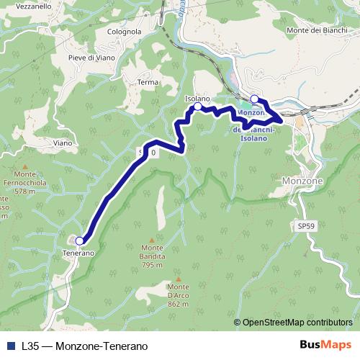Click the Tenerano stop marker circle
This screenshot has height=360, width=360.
(x=80, y=241)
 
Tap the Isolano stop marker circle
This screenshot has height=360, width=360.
(x=198, y=107)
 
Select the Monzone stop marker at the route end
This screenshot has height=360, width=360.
(x=255, y=99)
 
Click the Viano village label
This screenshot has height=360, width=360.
(x=62, y=143)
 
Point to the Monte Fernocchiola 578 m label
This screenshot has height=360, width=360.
(x=24, y=184)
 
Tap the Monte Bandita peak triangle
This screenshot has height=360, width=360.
(x=151, y=240)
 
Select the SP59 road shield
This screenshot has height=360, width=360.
(x=305, y=226)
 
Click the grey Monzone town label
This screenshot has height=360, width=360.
(x=303, y=181)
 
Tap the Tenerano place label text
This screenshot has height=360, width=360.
(x=78, y=253)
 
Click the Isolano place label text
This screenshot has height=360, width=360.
(x=197, y=97)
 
